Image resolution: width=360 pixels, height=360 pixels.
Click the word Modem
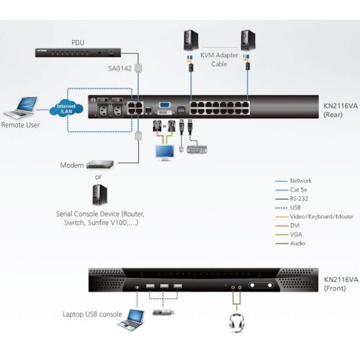[x=71, y=165]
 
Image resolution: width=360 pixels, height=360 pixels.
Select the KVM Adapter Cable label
[x=218, y=61]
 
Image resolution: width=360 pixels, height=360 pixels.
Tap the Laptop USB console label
[x=92, y=314]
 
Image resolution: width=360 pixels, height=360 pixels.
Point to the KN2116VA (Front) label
[x=341, y=283]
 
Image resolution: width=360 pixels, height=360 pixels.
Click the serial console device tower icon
[x=98, y=194]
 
